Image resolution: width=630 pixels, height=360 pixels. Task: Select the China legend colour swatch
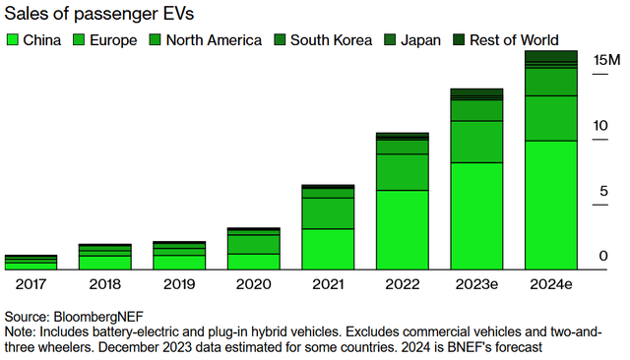[13, 39]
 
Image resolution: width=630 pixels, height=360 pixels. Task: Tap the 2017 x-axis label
[31, 283]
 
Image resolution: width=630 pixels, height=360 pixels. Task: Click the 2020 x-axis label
[253, 283]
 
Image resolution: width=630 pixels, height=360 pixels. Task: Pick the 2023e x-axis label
[476, 283]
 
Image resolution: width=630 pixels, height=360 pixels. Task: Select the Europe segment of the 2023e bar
[476, 141]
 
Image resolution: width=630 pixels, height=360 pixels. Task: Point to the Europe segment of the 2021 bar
[328, 212]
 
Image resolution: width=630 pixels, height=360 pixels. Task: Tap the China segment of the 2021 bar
[328, 249]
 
